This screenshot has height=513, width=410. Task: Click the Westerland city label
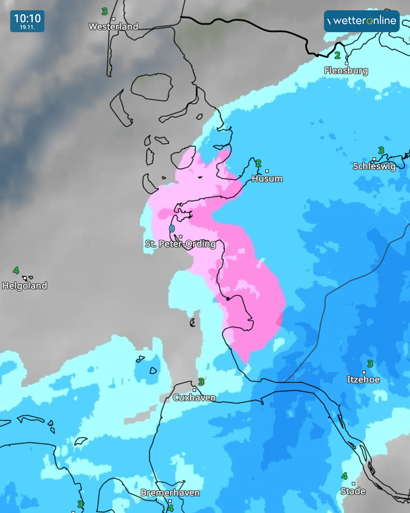113,26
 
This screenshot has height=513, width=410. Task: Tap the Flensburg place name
346,70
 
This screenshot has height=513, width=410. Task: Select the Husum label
267,179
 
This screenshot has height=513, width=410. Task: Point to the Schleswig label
374,166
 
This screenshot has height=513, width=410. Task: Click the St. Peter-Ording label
180,244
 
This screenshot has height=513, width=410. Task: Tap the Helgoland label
25,286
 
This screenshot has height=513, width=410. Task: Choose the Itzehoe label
363,380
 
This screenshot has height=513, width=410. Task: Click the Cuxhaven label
194,397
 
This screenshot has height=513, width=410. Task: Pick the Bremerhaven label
170,493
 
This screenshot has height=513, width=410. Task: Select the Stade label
353,491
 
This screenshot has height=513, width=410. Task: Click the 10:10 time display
27,18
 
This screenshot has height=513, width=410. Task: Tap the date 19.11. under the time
27,27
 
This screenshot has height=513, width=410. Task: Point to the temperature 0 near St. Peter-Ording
172,228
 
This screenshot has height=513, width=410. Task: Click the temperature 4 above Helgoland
16,271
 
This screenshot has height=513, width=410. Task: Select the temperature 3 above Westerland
105,12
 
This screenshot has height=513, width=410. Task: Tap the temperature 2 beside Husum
258,163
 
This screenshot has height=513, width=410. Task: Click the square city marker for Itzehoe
364,372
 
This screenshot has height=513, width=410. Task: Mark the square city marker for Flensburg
346,63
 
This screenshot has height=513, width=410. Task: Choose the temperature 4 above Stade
344,476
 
